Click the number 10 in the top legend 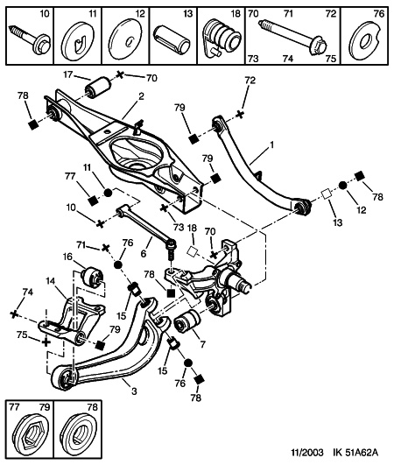click(45, 14)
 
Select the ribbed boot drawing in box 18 click(222, 36)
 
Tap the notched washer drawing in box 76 click(365, 39)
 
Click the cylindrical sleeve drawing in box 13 click(172, 37)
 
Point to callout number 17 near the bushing click(68, 74)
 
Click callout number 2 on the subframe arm click(141, 96)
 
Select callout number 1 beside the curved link click(271, 145)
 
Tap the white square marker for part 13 click(327, 195)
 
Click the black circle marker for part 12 click(342, 185)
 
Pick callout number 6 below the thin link click(144, 254)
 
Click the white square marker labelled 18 click(192, 252)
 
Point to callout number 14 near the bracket click(51, 280)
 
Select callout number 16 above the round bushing click(68, 257)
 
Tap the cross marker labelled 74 click(14, 314)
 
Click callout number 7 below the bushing click(202, 344)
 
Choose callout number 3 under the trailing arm click(134, 391)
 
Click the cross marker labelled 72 click(240, 114)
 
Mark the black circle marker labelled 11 click(108, 193)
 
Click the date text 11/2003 click(306, 452)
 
